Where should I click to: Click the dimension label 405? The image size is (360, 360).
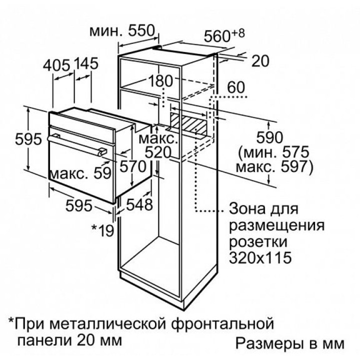56,64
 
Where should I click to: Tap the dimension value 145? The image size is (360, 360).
85,63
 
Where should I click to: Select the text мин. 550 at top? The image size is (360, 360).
122,30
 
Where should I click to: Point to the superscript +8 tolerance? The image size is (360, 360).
238,33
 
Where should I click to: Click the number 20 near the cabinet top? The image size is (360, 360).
260,61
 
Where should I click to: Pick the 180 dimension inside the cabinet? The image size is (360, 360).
160,80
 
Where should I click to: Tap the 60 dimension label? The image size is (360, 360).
236,87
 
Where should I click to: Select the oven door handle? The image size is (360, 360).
77,145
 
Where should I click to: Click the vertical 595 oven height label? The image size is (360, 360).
28,139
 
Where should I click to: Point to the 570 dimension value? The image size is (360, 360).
132,166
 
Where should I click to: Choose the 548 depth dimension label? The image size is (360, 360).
139,204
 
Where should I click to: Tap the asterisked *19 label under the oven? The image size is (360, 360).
102,230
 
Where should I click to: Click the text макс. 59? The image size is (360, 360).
80,173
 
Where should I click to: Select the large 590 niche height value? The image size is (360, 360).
269,137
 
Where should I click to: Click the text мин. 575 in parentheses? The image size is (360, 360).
274,152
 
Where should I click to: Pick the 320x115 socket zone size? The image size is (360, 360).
260,257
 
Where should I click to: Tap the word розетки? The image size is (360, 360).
258,242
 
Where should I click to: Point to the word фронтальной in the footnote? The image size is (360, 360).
222,323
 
